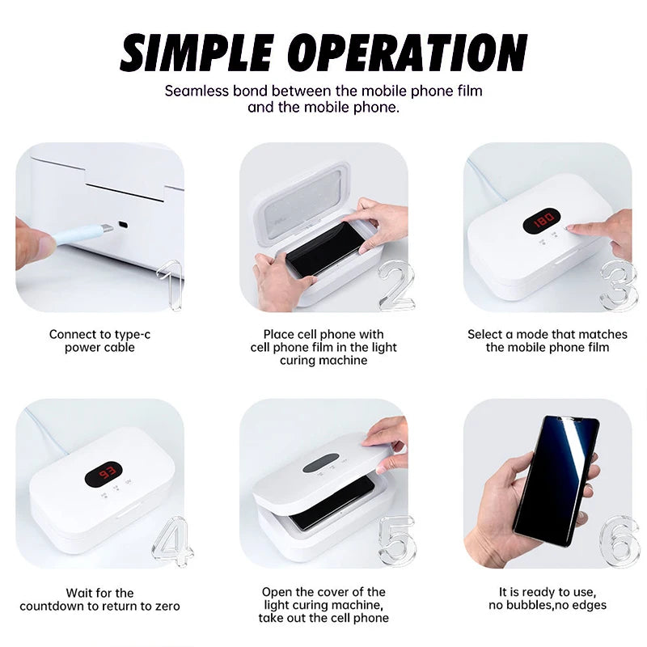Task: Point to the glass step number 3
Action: pos(619,285)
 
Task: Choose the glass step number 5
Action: pos(396,540)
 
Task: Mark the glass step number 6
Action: pos(620,540)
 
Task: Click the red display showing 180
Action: pos(542,219)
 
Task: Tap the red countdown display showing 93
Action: pos(104,473)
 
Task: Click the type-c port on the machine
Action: pos(123,224)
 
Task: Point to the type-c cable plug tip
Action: pos(105,230)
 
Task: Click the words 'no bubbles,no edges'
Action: pos(548,605)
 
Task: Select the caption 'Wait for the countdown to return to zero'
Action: pos(99,599)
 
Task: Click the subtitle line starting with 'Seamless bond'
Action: pos(323,91)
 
